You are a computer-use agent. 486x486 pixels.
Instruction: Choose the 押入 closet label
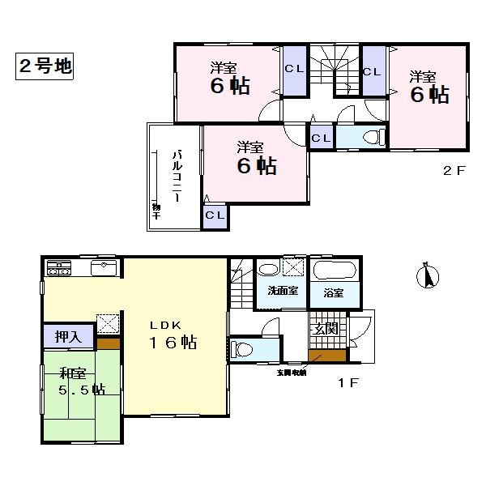point(68,335)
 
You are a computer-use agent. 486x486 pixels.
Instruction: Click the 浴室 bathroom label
point(333,292)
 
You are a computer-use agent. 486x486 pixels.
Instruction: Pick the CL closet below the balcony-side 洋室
point(215,215)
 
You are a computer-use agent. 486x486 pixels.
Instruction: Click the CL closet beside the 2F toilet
point(321,138)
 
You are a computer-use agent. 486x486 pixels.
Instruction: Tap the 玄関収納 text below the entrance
point(290,373)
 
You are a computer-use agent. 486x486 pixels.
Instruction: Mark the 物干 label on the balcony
point(156,211)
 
